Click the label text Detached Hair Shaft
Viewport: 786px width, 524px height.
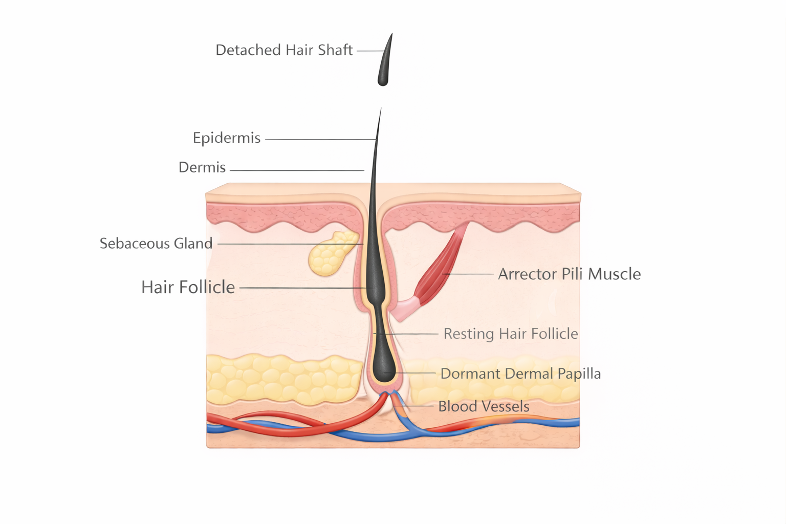pos(284,50)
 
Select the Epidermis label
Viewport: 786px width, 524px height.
pos(227,138)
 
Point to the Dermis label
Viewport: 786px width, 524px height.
pos(202,167)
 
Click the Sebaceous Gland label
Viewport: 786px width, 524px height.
pos(156,244)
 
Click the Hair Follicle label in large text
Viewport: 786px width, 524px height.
pos(188,288)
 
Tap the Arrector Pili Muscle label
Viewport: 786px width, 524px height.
pos(569,274)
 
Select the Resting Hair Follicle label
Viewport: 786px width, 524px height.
pos(511,334)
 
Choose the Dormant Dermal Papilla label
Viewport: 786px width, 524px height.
pos(520,374)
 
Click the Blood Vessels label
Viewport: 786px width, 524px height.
pos(484,406)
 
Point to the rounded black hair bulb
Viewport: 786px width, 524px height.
pos(383,366)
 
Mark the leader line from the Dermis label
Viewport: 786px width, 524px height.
pos(297,170)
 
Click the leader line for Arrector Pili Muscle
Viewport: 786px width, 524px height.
pos(468,274)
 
